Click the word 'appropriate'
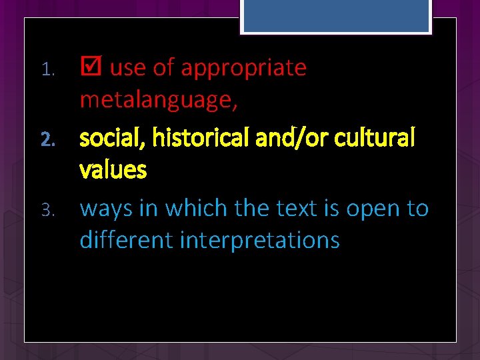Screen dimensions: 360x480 coord(243,69)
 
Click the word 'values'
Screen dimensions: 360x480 coord(113,171)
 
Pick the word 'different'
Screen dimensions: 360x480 coord(127,240)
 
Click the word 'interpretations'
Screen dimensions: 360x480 coord(260,241)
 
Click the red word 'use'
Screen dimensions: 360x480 coord(127,69)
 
